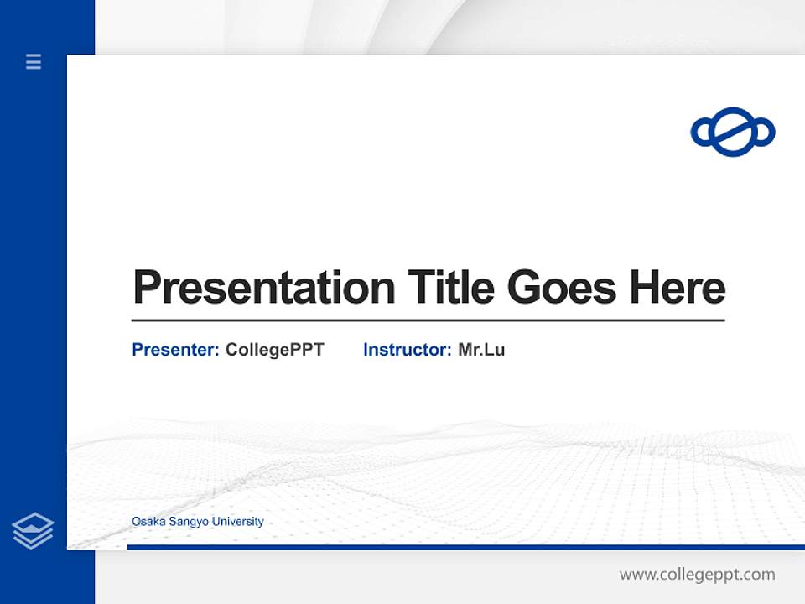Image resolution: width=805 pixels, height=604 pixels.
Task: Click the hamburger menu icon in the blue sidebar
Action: click(x=34, y=61)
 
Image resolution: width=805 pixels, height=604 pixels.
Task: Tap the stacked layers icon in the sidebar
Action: click(x=33, y=531)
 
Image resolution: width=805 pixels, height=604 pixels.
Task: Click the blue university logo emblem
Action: click(x=733, y=133)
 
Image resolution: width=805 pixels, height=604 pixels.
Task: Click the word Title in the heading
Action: click(x=451, y=288)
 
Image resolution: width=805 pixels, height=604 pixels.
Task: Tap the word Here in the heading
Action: click(x=678, y=288)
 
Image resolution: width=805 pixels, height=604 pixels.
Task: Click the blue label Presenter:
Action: click(x=176, y=350)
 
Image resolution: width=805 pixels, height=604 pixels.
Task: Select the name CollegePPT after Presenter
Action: click(x=274, y=350)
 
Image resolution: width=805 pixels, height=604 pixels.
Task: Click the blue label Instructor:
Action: click(x=408, y=350)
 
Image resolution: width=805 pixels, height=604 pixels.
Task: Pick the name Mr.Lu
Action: click(x=481, y=350)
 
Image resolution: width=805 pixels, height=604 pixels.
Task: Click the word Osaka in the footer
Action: click(x=148, y=522)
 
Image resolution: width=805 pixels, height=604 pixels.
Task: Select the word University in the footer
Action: click(x=238, y=522)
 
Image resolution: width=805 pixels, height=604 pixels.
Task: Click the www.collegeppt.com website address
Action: click(x=697, y=575)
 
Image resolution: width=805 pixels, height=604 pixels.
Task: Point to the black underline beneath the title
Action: click(x=428, y=320)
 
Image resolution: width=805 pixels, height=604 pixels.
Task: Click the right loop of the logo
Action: click(x=763, y=133)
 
